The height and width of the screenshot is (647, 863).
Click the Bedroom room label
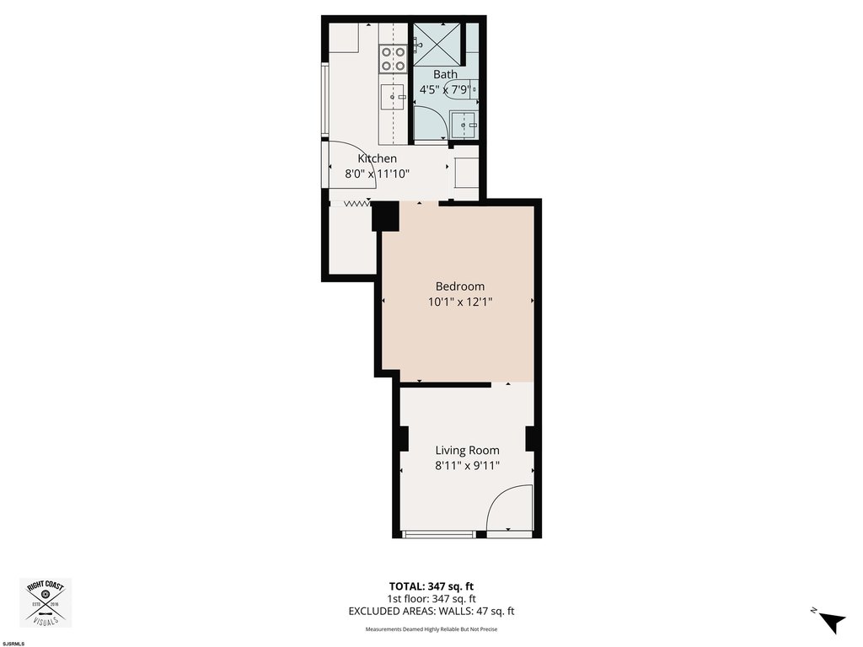point(459,286)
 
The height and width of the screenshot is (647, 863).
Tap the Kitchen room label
point(377,158)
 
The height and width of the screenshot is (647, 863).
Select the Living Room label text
point(467,451)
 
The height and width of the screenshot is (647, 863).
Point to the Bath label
point(445,74)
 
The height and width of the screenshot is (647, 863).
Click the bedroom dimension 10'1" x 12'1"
point(459,302)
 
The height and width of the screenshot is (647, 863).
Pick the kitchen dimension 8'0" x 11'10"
point(377,174)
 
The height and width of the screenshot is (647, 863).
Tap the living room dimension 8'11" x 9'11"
point(467,466)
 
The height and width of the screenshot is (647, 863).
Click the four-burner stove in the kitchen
point(393,59)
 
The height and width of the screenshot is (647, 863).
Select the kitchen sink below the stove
point(393,98)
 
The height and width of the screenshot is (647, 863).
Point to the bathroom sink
point(464,125)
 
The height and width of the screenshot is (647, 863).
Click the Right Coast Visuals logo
point(46,602)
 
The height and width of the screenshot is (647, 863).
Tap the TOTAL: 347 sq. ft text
point(431,586)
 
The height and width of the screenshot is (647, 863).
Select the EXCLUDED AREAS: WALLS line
point(431,611)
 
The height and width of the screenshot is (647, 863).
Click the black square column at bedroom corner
point(385,217)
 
